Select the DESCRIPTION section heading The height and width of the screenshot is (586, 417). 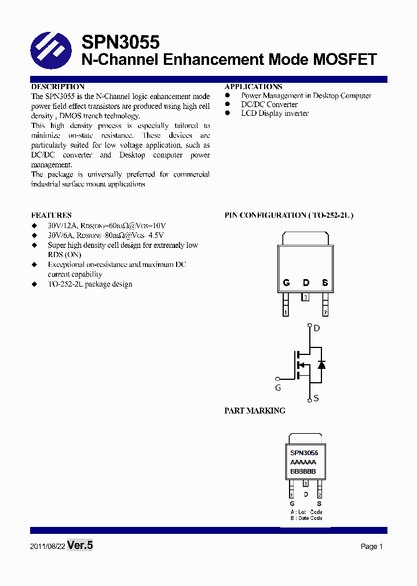(57, 86)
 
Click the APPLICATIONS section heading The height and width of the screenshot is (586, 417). (253, 86)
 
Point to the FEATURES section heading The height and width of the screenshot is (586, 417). (51, 215)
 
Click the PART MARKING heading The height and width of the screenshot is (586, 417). (255, 411)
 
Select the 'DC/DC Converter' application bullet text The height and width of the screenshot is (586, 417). (269, 104)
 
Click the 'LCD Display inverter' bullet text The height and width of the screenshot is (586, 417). (275, 113)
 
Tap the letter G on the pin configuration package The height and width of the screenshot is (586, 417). (286, 283)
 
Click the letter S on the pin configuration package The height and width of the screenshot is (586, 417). (325, 283)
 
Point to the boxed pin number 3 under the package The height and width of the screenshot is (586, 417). (306, 298)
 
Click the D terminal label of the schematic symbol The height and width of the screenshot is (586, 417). (316, 328)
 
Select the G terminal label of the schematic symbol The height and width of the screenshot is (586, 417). (278, 388)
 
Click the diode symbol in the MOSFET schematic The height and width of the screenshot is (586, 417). (321, 364)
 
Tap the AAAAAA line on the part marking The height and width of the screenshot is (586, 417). (303, 463)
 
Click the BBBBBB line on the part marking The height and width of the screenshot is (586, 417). (303, 472)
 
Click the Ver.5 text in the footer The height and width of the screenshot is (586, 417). (80, 545)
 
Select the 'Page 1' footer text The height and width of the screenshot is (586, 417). (372, 546)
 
